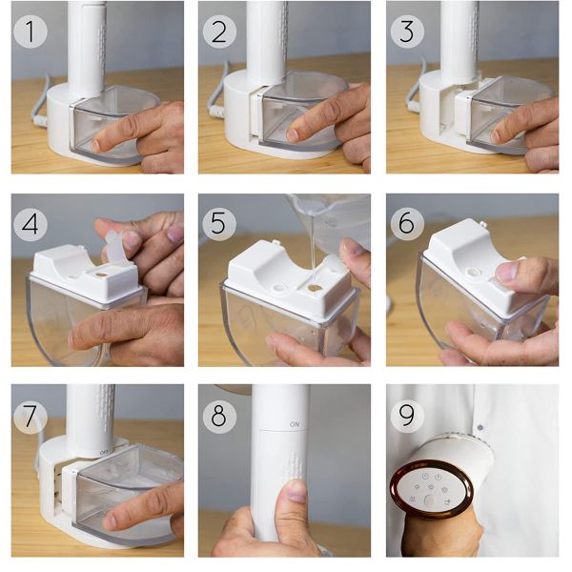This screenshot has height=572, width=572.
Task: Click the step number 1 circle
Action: (31, 31)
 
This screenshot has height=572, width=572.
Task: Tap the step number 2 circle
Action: (219, 31)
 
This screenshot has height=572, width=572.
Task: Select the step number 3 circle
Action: (407, 31)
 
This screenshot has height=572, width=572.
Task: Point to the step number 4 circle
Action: (31, 224)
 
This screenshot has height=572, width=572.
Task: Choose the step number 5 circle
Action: (219, 223)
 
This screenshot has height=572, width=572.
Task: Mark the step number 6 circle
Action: (407, 223)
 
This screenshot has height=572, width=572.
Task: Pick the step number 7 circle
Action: (31, 417)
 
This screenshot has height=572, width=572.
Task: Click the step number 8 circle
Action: (219, 417)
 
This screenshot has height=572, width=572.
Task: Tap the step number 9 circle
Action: (407, 416)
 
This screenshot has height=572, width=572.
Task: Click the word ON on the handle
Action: (295, 424)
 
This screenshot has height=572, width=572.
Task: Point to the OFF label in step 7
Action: (104, 453)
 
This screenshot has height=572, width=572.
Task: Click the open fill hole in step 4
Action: (101, 274)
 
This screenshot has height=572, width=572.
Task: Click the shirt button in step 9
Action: (480, 427)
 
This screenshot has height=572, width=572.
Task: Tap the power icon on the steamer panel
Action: (439, 477)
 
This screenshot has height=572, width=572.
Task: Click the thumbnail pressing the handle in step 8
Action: (296, 491)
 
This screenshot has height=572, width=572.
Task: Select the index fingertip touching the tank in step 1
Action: (95, 145)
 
